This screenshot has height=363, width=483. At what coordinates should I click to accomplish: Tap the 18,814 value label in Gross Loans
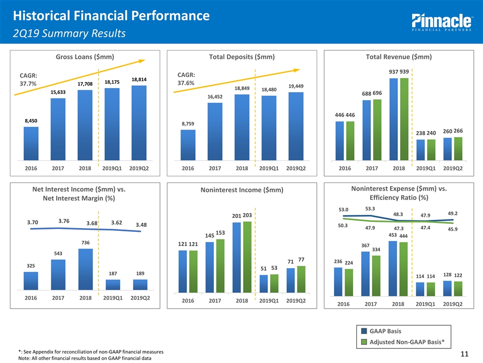tap(139, 79)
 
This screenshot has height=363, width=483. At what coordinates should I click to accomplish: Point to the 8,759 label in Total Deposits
tap(188, 124)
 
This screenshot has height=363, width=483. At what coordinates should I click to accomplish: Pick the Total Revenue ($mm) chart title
tap(398, 57)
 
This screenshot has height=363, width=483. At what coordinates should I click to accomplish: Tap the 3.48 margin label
tap(140, 224)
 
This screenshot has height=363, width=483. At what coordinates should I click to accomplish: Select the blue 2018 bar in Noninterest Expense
tap(393, 268)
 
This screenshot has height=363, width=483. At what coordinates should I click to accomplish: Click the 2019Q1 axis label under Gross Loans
tap(113, 168)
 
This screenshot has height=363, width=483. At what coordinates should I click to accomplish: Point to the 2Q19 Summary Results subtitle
tap(69, 34)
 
